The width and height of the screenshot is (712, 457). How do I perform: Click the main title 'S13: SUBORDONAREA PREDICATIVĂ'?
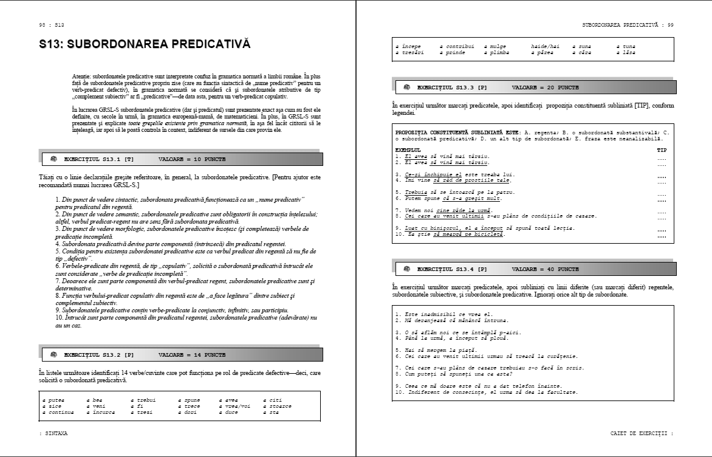tap(145, 44)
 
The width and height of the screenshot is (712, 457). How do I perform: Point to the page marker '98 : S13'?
tap(51, 25)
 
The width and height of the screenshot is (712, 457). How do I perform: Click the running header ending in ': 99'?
tap(628, 25)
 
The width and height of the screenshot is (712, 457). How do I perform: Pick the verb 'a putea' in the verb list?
tap(53, 400)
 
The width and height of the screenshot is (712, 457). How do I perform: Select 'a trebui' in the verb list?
tap(143, 400)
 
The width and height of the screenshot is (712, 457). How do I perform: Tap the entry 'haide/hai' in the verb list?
tap(545, 46)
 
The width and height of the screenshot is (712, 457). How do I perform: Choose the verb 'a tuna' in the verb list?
tap(626, 46)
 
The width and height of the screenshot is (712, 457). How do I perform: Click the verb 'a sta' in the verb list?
tap(270, 412)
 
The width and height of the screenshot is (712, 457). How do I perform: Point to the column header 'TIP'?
tap(662, 149)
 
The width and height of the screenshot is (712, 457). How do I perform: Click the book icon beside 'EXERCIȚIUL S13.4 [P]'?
tap(406, 269)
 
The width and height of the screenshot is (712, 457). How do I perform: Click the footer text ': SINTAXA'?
tap(53, 433)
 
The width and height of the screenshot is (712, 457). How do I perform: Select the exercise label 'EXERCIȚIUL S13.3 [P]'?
tap(451, 88)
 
